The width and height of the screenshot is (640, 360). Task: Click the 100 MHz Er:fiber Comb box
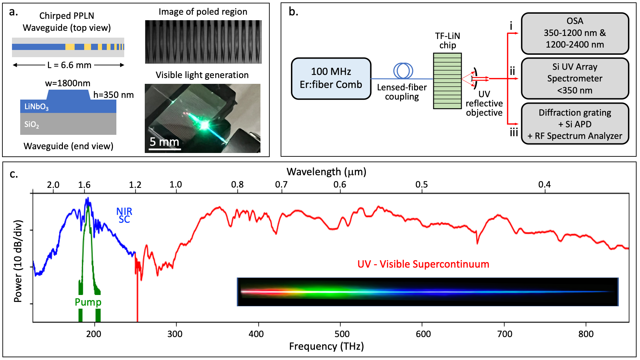coord(331,78)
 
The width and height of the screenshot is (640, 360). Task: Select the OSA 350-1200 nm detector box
coord(575,33)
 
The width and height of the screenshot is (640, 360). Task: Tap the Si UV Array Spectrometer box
coord(575,78)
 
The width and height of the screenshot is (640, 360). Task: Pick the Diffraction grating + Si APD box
coord(575,124)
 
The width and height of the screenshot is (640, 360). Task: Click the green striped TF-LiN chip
coord(447,81)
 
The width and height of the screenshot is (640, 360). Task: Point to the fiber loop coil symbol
coord(403,71)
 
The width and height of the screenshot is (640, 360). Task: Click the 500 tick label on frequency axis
coord(342,334)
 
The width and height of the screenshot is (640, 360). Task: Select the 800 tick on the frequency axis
coord(586,334)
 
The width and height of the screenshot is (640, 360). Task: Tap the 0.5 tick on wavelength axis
coord(422,185)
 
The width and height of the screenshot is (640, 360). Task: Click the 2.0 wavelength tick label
coord(53,185)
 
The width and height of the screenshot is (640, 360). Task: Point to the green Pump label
coord(88,302)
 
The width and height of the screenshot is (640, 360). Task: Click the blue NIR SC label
coord(124,215)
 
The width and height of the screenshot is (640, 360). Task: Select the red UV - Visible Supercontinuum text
coord(423,264)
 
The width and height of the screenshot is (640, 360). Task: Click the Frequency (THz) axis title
coord(326,346)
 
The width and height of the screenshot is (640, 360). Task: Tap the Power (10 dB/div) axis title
coord(18,261)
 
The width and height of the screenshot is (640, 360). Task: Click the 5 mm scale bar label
coord(164,142)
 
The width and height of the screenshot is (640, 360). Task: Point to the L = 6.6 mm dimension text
coord(69,65)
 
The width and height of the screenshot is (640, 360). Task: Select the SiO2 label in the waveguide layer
coord(31,125)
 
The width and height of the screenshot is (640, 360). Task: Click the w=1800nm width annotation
coord(68,83)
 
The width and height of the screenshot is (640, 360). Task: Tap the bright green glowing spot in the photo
coord(204,125)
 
